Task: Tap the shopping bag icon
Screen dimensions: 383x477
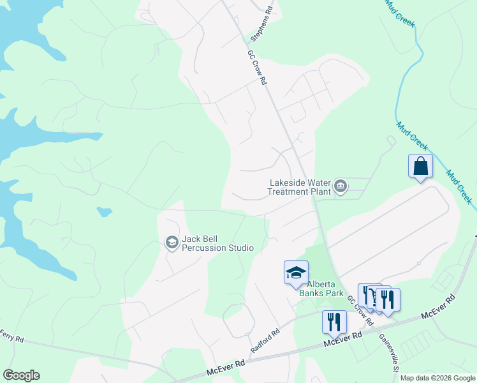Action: [x=420, y=166]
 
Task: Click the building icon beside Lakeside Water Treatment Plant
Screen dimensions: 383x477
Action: [x=341, y=186]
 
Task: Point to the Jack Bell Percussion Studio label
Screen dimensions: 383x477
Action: [x=217, y=243]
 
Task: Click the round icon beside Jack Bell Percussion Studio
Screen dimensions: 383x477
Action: [x=172, y=243]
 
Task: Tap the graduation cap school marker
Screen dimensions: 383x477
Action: [x=296, y=273]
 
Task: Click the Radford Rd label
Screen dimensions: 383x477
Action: [x=265, y=342]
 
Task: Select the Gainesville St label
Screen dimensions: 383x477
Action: [x=388, y=352]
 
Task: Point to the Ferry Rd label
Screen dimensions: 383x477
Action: [x=11, y=334]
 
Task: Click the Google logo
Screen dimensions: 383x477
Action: [x=21, y=375]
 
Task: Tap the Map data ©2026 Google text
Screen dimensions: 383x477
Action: [x=437, y=378]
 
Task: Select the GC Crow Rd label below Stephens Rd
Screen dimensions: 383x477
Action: [x=256, y=69]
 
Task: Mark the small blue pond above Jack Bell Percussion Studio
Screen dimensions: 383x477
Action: [x=104, y=211]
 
